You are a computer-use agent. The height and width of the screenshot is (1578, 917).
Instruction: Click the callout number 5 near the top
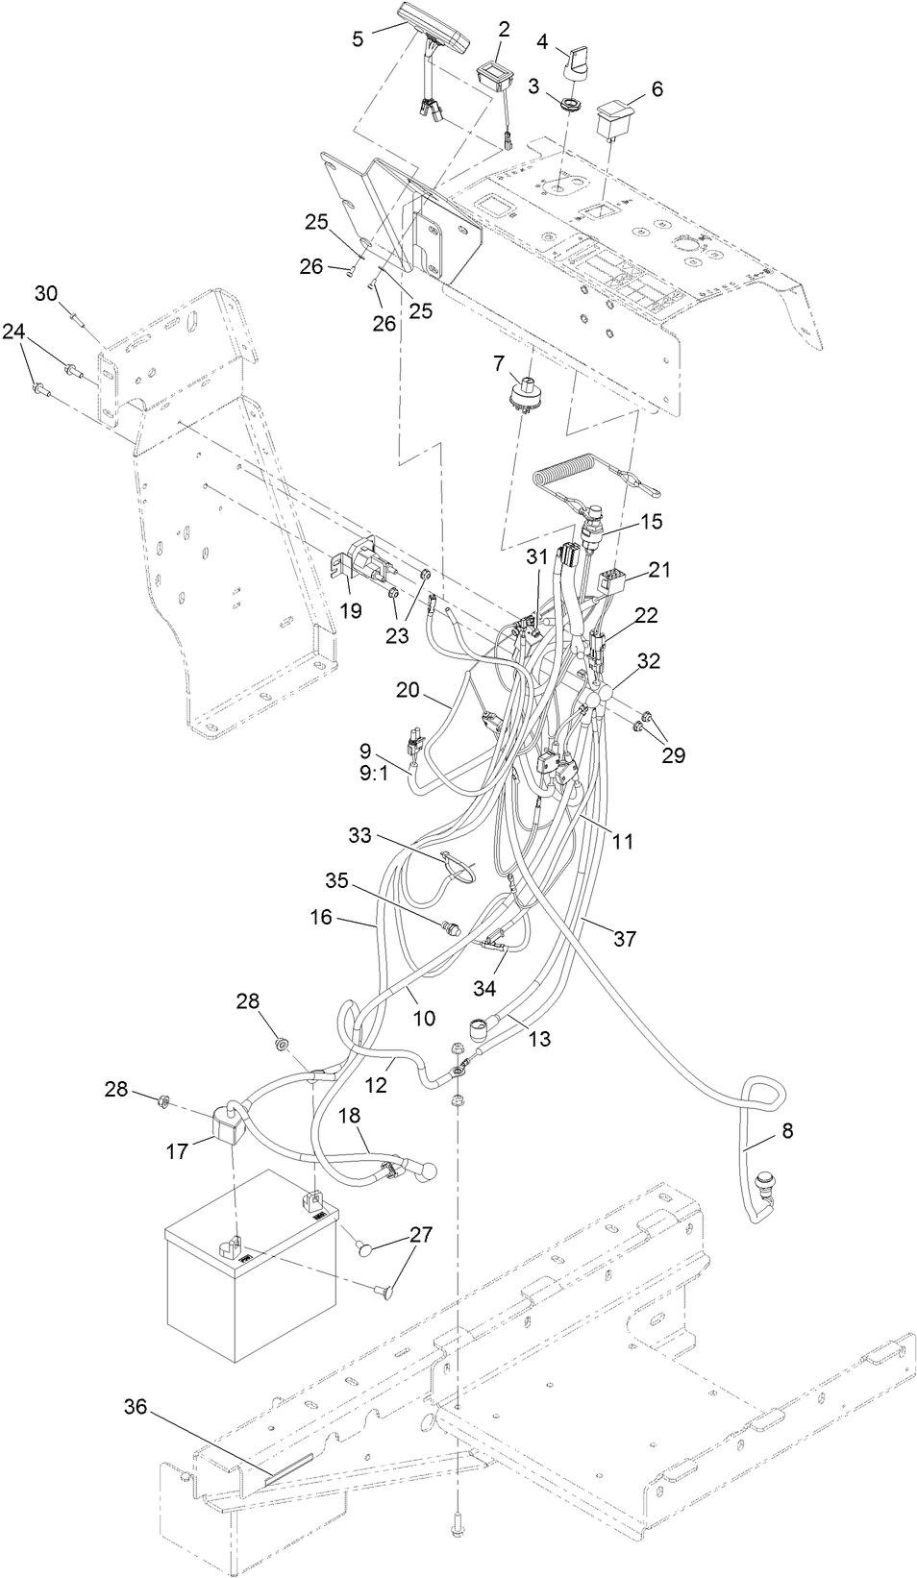pos(358,38)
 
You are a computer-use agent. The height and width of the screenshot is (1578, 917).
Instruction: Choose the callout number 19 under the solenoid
pos(351,609)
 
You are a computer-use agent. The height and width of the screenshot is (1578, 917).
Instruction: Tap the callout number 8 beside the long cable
pos(787,1131)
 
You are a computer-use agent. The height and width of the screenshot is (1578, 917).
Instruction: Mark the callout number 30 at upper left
pos(47,293)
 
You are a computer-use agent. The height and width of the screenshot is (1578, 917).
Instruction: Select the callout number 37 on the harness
pos(625,938)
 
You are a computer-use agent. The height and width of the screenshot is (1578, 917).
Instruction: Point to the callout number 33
pos(359,836)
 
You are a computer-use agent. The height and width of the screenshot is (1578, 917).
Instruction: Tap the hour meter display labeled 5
pos(434,25)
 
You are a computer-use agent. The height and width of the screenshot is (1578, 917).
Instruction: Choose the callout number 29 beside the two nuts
pos(673,754)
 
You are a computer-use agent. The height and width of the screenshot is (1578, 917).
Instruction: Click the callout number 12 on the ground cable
pos(377,1084)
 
